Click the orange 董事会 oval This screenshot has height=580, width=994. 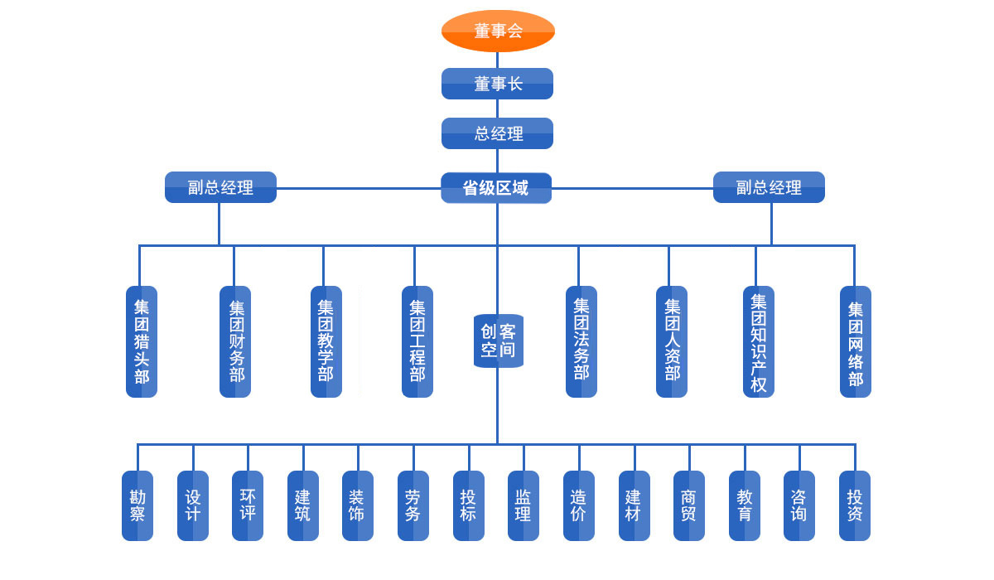coord(498,31)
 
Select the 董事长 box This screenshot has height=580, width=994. coord(497,84)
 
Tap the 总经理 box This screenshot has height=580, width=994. coord(497,133)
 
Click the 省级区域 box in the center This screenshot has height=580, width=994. coord(496,188)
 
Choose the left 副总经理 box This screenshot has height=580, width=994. coord(220,187)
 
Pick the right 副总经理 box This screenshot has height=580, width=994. coord(769,187)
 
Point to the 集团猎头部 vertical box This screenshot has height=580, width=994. coord(142,341)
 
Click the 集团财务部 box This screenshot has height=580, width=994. coord(235,341)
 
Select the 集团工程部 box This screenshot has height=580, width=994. coord(417,341)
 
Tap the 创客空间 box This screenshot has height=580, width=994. coord(499,341)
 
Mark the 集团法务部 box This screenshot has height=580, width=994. coord(581,341)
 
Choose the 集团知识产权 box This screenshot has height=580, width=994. coord(759,341)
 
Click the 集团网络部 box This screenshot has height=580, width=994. coord(856,341)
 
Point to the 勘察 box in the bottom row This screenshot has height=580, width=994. coord(138,505)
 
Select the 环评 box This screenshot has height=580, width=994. coord(248,505)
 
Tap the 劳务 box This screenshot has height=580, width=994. coord(413,505)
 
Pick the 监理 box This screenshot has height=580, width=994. coord(524,505)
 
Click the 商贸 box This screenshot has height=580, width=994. coord(689,505)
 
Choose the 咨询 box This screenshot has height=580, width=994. coord(799,505)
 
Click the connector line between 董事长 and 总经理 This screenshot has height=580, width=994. coord(497,109)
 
